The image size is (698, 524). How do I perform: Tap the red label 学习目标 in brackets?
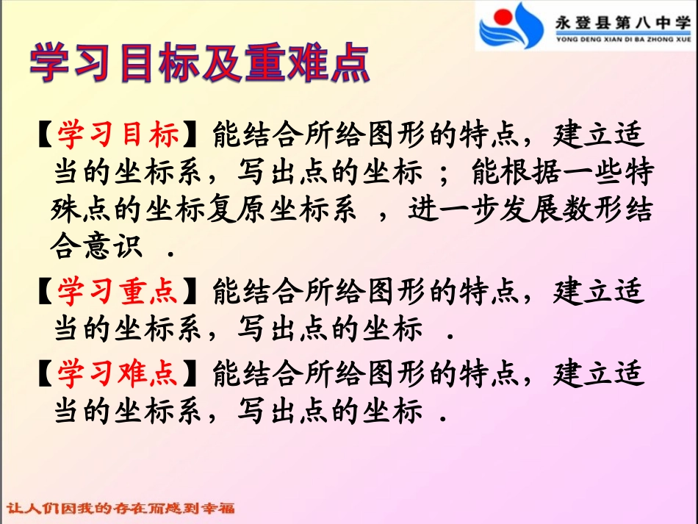click(118, 135)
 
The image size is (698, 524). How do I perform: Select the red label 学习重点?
click(118, 292)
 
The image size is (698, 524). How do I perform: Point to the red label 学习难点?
click(118, 374)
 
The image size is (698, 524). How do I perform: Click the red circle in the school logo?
click(502, 16)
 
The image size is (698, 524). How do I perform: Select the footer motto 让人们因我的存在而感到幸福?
click(121, 509)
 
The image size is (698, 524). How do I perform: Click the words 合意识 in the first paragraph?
click(96, 248)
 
